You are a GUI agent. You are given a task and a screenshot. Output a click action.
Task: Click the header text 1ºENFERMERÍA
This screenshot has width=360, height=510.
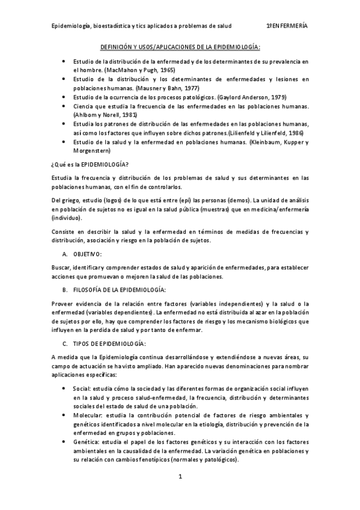tap(287, 26)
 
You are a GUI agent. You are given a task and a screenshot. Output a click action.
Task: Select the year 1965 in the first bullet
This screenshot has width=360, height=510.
tap(168, 70)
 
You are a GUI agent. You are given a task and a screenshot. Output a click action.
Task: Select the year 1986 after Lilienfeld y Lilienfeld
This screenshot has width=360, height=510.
tap(296, 132)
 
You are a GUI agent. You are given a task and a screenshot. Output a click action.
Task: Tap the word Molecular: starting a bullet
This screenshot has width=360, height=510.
tap(88, 416)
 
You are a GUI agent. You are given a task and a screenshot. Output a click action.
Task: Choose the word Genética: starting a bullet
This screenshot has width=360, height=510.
tap(87, 441)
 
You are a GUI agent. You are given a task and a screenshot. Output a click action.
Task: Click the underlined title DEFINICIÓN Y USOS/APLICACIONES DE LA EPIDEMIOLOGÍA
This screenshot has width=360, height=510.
tap(180, 46)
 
